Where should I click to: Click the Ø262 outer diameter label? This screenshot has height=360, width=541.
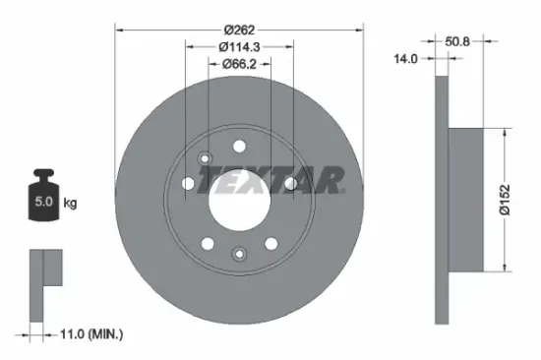239,14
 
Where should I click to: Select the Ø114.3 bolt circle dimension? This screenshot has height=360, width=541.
239,45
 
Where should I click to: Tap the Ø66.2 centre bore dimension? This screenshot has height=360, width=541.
239,66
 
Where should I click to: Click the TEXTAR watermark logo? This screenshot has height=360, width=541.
271,181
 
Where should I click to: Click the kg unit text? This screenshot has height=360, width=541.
71,204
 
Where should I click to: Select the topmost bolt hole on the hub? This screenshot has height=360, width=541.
239,145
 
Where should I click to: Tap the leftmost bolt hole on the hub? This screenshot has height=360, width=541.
188,183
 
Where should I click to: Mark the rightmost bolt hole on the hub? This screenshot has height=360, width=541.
290,183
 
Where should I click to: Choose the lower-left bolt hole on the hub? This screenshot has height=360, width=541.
208,243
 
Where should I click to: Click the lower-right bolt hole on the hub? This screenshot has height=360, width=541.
270,243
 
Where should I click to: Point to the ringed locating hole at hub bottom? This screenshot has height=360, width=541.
239,256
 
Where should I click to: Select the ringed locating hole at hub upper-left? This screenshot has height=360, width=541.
205,160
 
